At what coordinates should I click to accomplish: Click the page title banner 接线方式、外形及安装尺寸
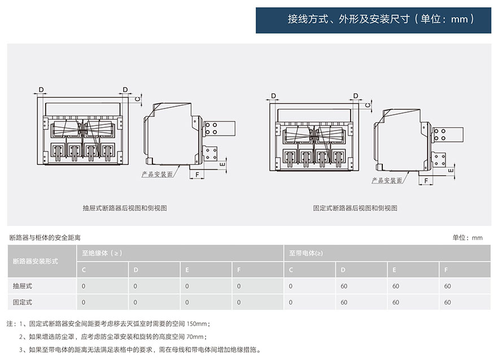(x=373, y=19)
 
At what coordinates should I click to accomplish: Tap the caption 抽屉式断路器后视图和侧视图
(x=125, y=208)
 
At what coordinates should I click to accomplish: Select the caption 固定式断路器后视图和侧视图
(x=355, y=208)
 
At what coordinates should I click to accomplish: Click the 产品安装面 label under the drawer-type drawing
(x=157, y=175)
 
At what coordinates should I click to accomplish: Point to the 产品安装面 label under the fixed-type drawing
(x=387, y=180)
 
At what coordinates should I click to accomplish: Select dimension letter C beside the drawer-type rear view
(x=138, y=98)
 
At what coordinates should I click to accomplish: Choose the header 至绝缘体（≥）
(x=99, y=253)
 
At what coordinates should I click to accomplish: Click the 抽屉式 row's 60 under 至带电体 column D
(x=344, y=286)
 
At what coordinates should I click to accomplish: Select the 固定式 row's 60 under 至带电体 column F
(x=448, y=302)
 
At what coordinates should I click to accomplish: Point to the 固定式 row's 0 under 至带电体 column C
(x=291, y=302)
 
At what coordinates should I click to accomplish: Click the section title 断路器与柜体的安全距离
(x=45, y=237)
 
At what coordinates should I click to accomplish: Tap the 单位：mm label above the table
(x=468, y=237)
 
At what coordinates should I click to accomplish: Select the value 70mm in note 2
(x=193, y=337)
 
